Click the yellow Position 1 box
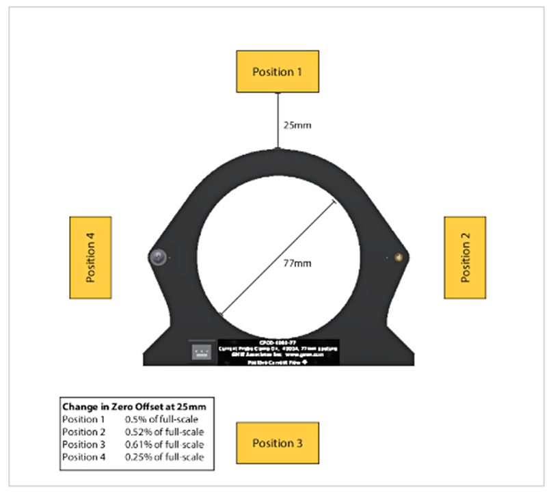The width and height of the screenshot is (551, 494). [x=277, y=71]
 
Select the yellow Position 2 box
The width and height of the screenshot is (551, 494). [x=465, y=258]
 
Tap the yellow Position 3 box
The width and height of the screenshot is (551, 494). [x=277, y=443]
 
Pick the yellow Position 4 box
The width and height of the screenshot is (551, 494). [x=90, y=258]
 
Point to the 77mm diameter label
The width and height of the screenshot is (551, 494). [x=296, y=262]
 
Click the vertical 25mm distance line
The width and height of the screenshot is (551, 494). [x=278, y=120]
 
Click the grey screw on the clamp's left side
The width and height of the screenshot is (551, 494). [x=158, y=257]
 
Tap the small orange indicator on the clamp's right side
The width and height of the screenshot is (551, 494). [x=399, y=257]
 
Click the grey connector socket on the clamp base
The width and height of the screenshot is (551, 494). [x=202, y=351]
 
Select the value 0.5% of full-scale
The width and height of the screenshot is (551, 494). [x=159, y=420]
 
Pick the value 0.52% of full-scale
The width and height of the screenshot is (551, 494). [x=164, y=432]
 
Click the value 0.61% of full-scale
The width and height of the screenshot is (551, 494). [x=164, y=444]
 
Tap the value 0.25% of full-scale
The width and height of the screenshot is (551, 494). [x=164, y=456]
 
